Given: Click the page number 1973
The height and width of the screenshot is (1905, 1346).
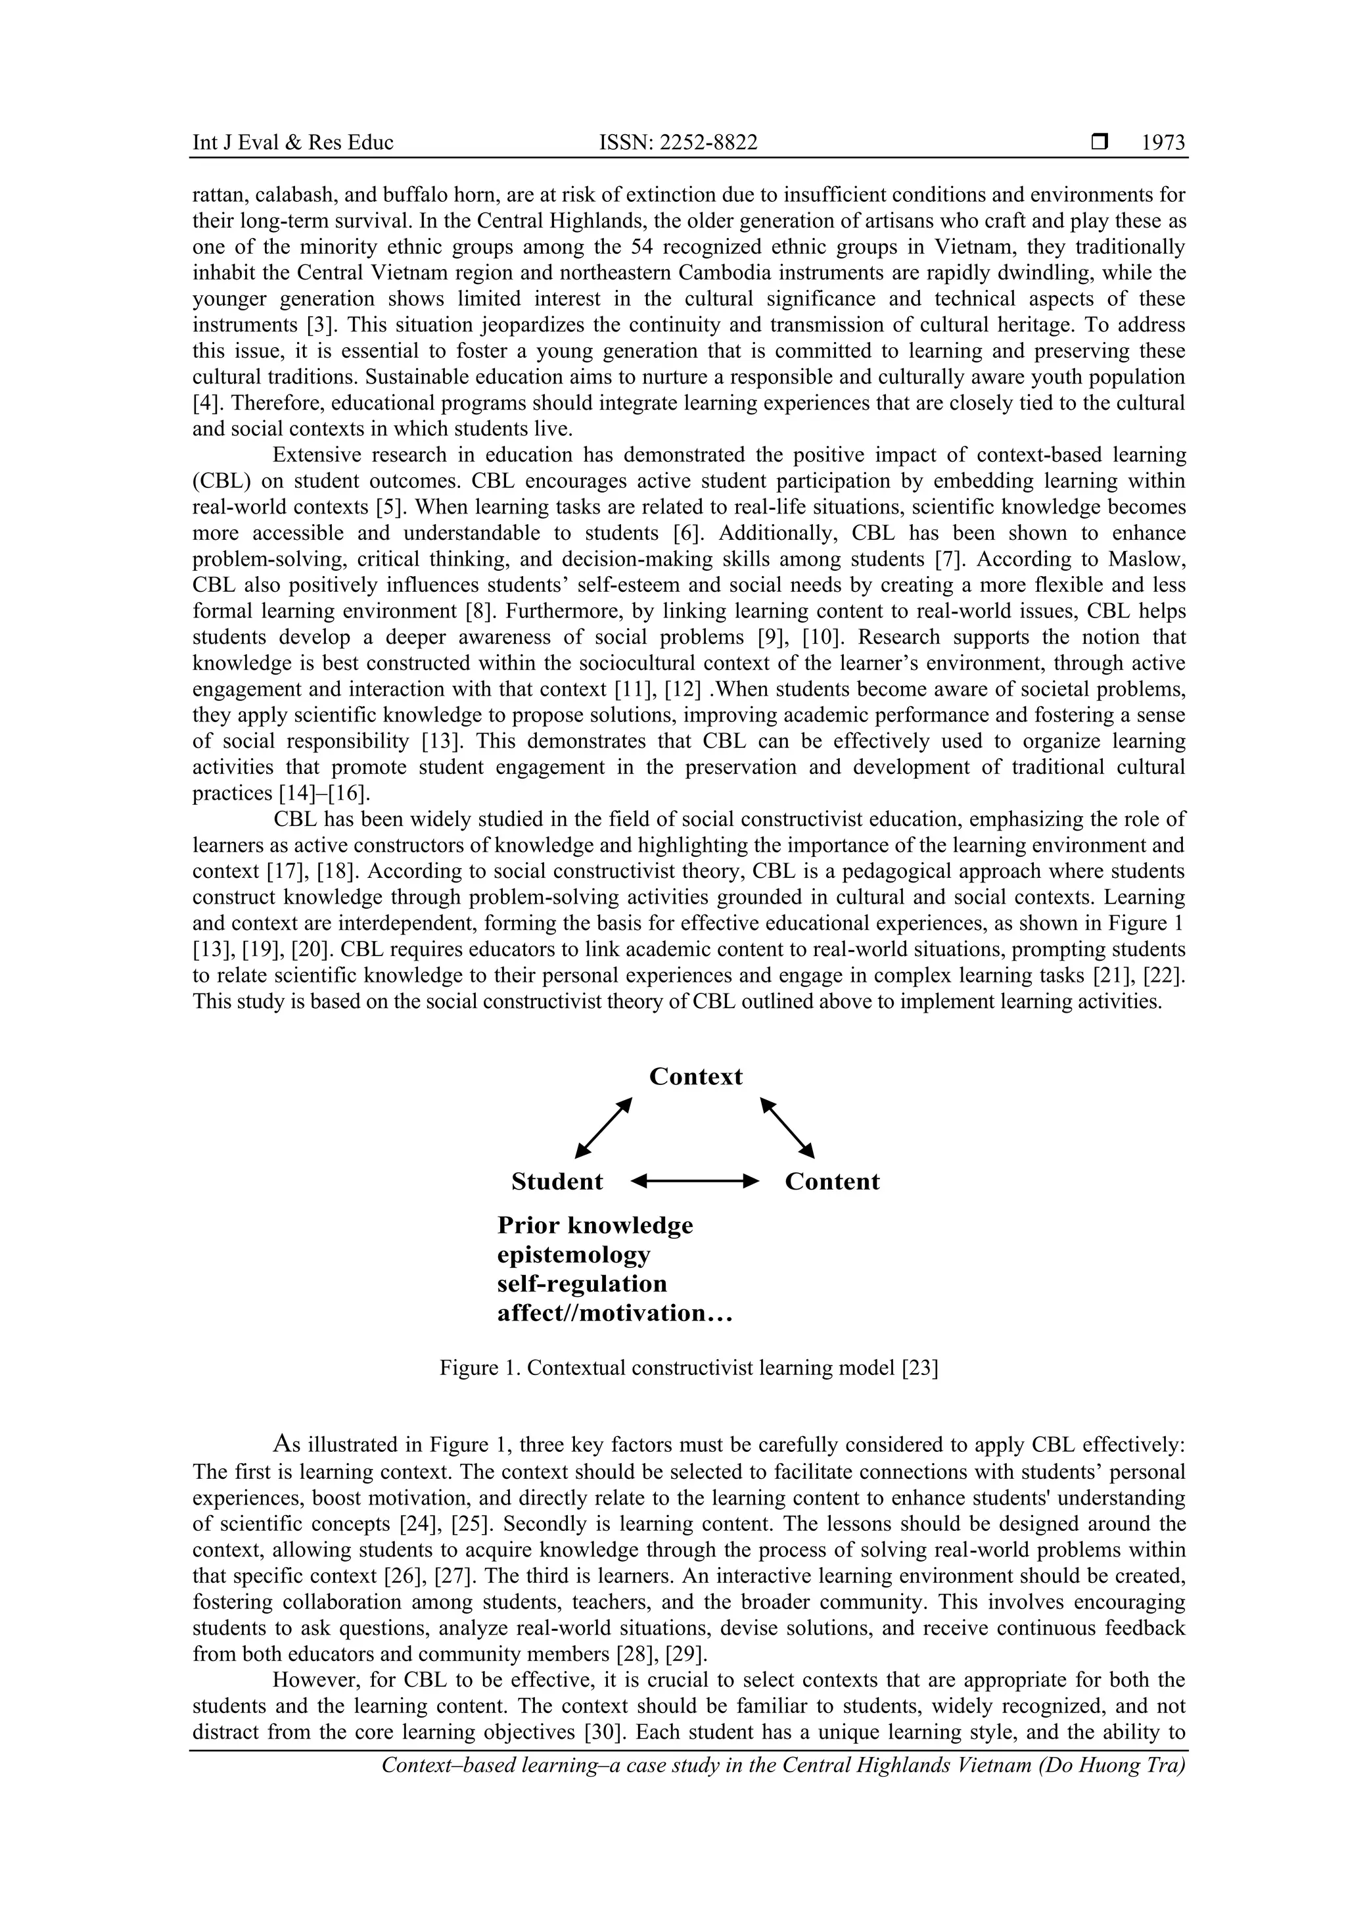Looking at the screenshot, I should (x=1163, y=143).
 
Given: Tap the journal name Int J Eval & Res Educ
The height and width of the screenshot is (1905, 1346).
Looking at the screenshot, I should (x=292, y=143).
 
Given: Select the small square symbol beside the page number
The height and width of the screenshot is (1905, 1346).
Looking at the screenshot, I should (x=1100, y=143).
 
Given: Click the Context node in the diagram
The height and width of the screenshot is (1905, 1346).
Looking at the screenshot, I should (x=696, y=1077).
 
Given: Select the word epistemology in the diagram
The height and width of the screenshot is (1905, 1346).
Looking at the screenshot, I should (x=573, y=1255).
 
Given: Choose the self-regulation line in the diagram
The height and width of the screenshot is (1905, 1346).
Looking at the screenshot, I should (x=582, y=1284).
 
